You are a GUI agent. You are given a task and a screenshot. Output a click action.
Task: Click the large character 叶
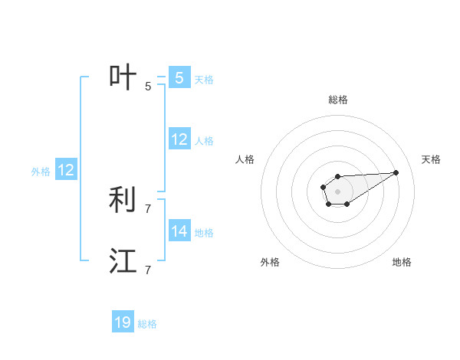click(123, 77)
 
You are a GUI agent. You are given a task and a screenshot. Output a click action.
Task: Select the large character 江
click(123, 260)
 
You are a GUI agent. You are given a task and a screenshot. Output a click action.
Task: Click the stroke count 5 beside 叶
click(148, 86)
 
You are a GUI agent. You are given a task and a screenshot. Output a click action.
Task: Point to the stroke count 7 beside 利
click(148, 208)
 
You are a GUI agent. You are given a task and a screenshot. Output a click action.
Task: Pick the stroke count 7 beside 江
click(148, 270)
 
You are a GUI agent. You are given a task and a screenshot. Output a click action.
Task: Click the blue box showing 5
click(179, 77)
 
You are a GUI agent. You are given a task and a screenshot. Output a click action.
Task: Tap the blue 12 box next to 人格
click(179, 139)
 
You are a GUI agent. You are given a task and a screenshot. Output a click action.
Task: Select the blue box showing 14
click(179, 231)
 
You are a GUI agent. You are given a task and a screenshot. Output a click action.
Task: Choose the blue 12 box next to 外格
click(66, 171)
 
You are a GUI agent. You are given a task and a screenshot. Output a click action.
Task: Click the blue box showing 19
click(123, 322)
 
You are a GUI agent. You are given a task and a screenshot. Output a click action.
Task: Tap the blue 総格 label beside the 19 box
click(147, 324)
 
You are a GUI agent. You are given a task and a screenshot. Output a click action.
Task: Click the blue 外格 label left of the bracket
click(41, 172)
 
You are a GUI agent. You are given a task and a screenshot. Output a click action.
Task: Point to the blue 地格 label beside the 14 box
click(204, 232)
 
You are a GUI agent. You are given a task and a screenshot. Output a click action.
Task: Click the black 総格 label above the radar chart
click(337, 100)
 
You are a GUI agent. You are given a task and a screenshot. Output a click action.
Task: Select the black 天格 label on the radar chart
click(431, 159)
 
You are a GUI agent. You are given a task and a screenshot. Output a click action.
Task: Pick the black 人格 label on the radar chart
click(245, 159)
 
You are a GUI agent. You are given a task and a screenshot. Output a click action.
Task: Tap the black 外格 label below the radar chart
click(270, 262)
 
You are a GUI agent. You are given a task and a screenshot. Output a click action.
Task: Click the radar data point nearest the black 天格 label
click(396, 172)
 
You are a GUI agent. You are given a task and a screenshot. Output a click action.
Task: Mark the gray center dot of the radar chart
click(337, 189)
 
